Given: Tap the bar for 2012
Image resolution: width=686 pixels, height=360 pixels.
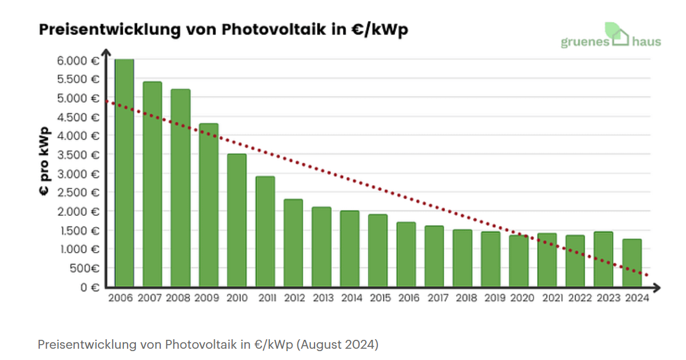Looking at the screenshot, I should tap(293, 243).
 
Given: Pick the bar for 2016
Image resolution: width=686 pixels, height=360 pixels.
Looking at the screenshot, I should tap(406, 254).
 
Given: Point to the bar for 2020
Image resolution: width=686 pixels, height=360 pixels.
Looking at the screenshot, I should tap(519, 261).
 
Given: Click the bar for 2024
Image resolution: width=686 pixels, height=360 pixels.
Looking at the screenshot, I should tap(631, 263).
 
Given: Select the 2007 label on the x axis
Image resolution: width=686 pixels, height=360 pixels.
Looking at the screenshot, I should tap(150, 298).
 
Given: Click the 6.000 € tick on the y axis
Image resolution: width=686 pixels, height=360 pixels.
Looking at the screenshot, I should tap(78, 60).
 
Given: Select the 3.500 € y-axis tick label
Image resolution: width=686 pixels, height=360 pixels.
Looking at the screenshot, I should tap(78, 155).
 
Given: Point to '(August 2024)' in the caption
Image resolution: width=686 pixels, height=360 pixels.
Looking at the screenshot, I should tap(338, 345).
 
